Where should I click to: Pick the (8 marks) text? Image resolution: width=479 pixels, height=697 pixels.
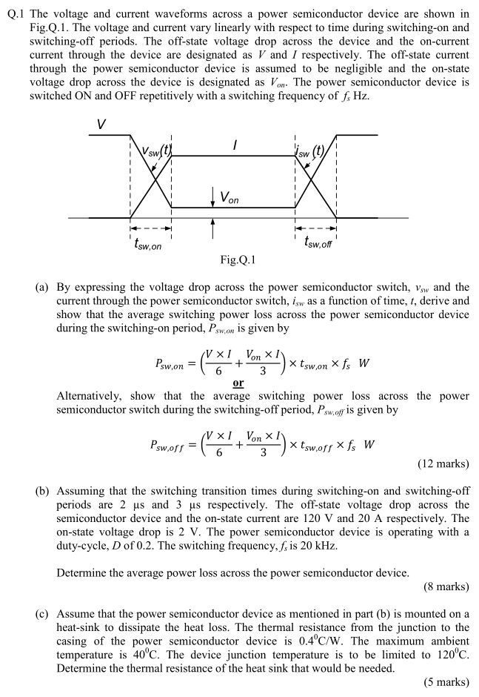point(446,587)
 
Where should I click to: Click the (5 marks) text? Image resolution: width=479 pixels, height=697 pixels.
point(446,681)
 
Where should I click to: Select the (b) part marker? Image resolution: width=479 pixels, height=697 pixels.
point(41,491)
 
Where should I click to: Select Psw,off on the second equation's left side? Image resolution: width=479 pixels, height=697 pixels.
point(172,446)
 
